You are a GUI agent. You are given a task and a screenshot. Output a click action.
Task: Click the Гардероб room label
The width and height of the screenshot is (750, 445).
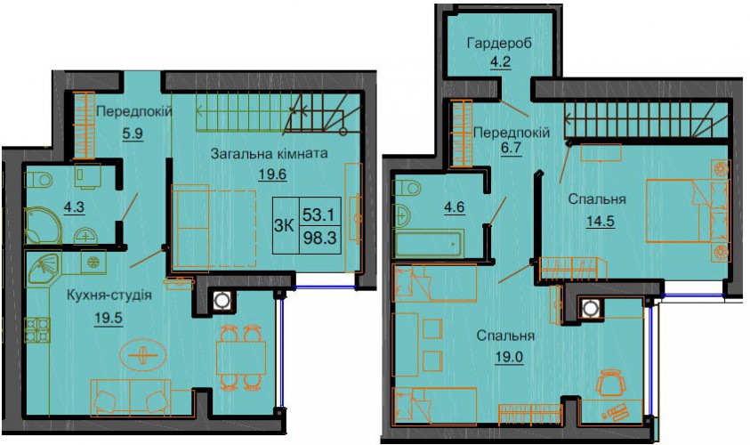[x=499, y=44]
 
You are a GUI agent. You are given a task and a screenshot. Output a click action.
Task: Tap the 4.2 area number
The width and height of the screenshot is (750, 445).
[x=500, y=62]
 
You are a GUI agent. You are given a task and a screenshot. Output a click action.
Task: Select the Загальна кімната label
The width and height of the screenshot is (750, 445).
[x=270, y=154]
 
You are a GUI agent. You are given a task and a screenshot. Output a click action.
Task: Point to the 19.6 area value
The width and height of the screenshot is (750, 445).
[x=272, y=174]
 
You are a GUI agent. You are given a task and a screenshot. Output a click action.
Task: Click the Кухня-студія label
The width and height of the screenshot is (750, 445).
[x=109, y=295]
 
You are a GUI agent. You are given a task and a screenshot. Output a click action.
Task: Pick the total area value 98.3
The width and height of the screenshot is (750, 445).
[x=319, y=238]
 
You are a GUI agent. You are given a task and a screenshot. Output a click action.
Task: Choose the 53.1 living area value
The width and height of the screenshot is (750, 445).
[x=319, y=214]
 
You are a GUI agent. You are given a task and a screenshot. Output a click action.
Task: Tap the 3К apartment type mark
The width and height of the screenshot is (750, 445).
[x=284, y=225]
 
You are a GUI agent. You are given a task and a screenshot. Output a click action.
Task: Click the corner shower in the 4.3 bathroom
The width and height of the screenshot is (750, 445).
[x=43, y=225]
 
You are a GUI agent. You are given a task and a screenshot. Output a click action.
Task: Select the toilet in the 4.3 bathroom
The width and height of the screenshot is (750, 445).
[x=39, y=180]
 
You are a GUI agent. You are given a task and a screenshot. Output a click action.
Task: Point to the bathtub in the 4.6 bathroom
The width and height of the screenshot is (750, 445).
[x=428, y=244]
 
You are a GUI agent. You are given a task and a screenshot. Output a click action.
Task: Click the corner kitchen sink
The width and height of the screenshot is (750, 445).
[x=44, y=268]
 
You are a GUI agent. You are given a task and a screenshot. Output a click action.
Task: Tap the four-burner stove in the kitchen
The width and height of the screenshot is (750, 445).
[x=37, y=330]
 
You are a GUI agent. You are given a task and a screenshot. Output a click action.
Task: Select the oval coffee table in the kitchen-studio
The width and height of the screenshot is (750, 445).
[x=143, y=354]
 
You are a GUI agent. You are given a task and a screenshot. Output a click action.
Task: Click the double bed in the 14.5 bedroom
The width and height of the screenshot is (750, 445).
[x=688, y=211]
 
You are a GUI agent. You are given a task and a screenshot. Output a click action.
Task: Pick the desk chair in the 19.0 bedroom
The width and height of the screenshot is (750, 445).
[x=611, y=383]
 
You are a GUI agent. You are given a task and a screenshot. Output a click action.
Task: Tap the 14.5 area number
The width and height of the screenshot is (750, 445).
[x=601, y=222]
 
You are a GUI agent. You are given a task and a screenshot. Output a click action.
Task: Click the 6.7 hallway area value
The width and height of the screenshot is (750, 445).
[x=511, y=149]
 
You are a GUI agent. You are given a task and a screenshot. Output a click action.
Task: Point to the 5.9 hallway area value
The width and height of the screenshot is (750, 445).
[x=133, y=133]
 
